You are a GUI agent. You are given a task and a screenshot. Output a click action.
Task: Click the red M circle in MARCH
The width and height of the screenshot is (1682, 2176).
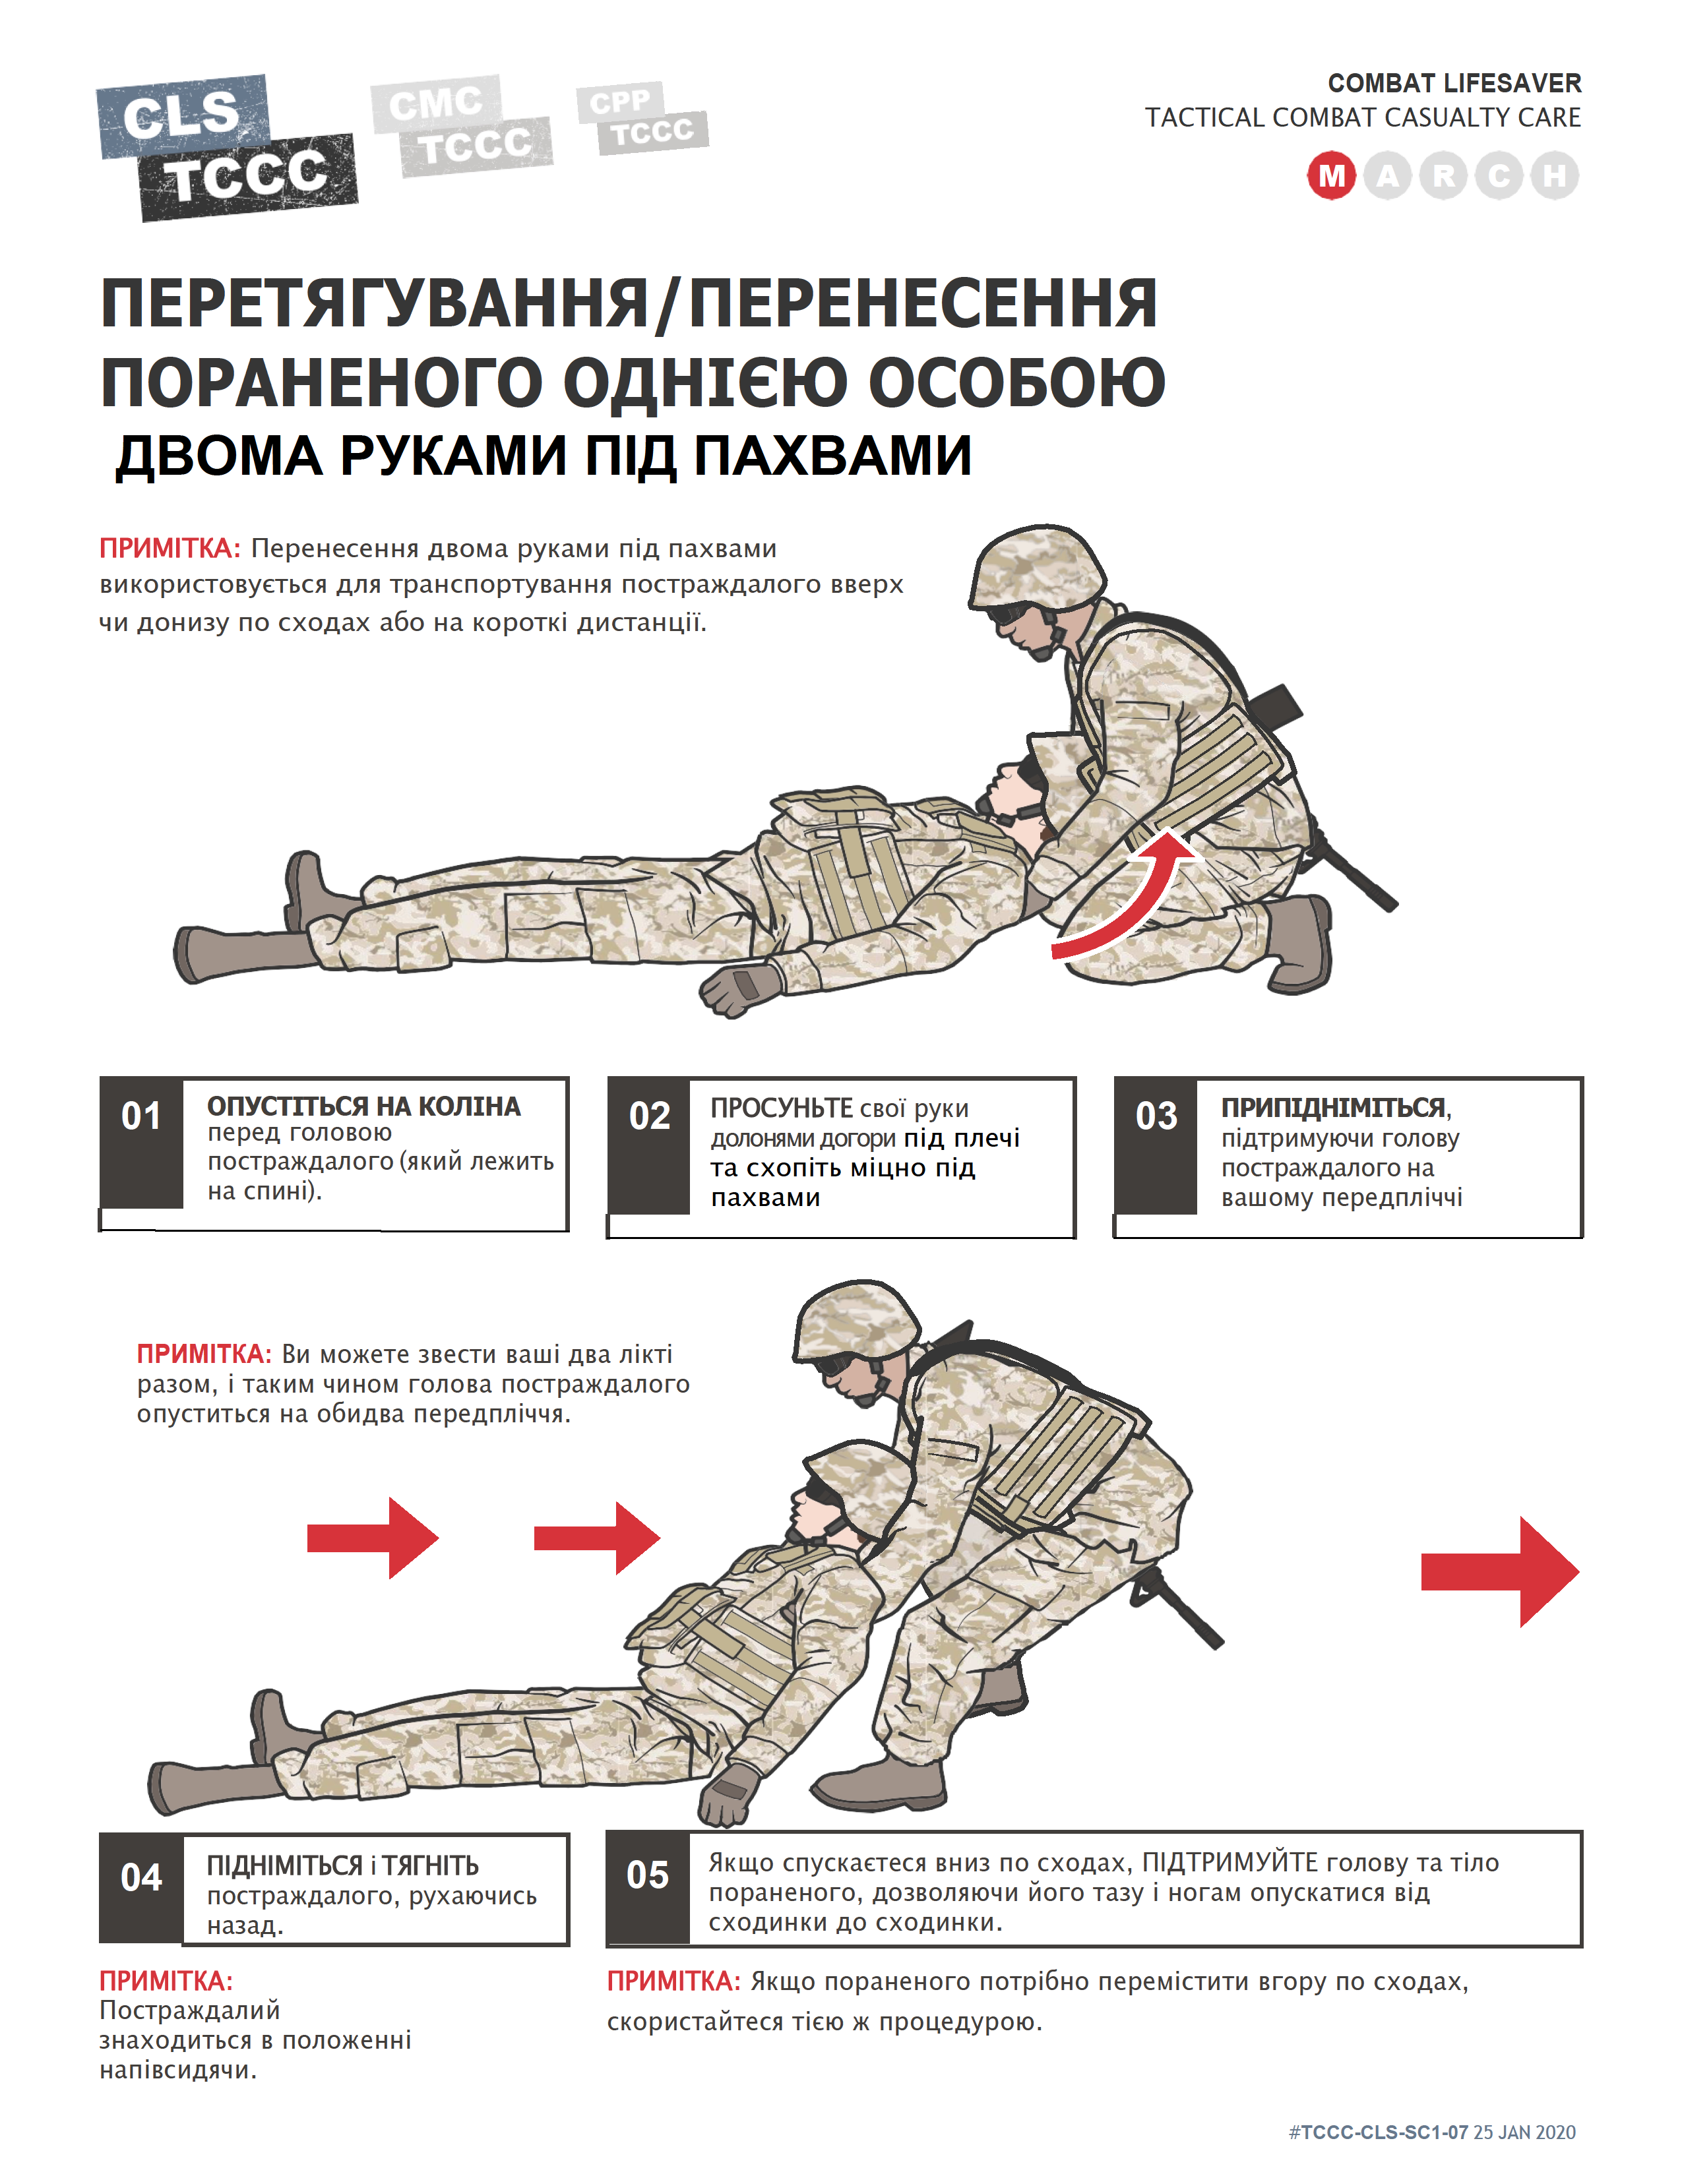pos(1331,176)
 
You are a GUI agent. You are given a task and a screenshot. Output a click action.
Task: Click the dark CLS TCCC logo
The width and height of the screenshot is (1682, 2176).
pos(227,148)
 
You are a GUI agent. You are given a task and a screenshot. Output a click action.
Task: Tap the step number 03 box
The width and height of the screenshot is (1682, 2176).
pos(1156,1146)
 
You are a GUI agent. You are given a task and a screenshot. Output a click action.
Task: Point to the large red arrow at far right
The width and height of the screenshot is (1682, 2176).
pos(1501,1572)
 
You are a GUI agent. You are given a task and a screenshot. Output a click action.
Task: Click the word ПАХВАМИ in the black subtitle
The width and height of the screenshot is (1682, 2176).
pos(832,456)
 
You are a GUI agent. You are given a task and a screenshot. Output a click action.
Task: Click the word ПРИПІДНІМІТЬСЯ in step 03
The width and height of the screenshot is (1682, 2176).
pos(1333,1108)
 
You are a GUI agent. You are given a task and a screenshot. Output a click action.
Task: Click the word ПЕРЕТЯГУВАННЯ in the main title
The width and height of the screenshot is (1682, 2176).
pos(373,304)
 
